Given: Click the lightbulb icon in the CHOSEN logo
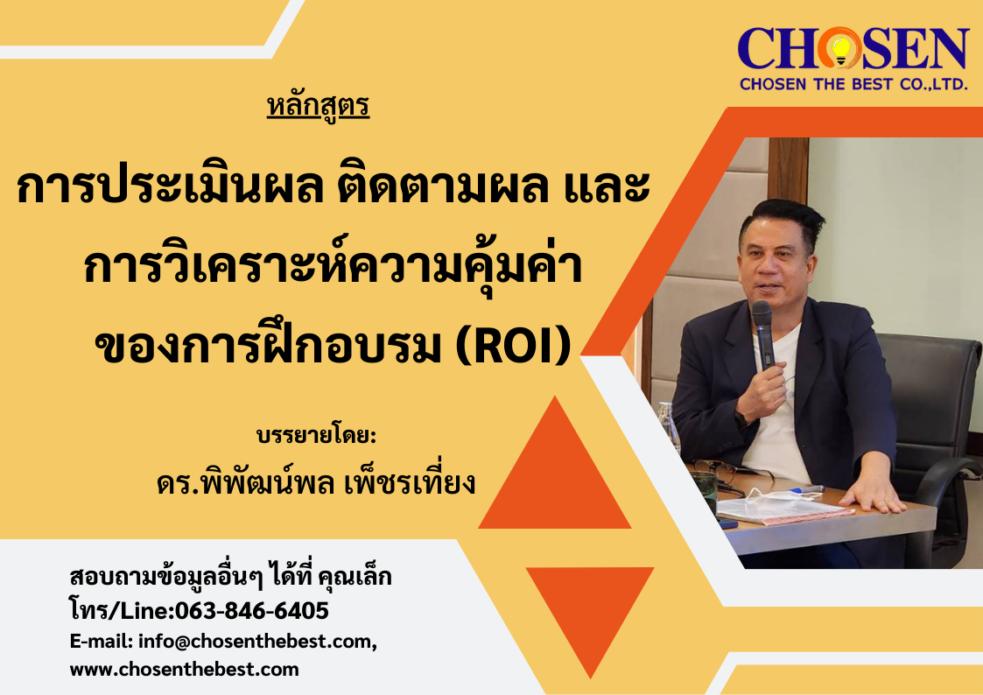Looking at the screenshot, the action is click(x=840, y=50).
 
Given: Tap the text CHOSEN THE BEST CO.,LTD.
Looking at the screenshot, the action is click(x=853, y=84).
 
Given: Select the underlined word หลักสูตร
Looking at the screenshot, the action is click(x=318, y=106).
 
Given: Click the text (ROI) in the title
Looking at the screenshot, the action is click(x=514, y=347).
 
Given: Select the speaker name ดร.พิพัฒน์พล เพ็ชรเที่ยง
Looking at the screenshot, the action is click(x=317, y=482).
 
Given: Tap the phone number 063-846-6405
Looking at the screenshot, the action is click(x=251, y=610).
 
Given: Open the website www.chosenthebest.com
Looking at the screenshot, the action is click(x=185, y=670).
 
